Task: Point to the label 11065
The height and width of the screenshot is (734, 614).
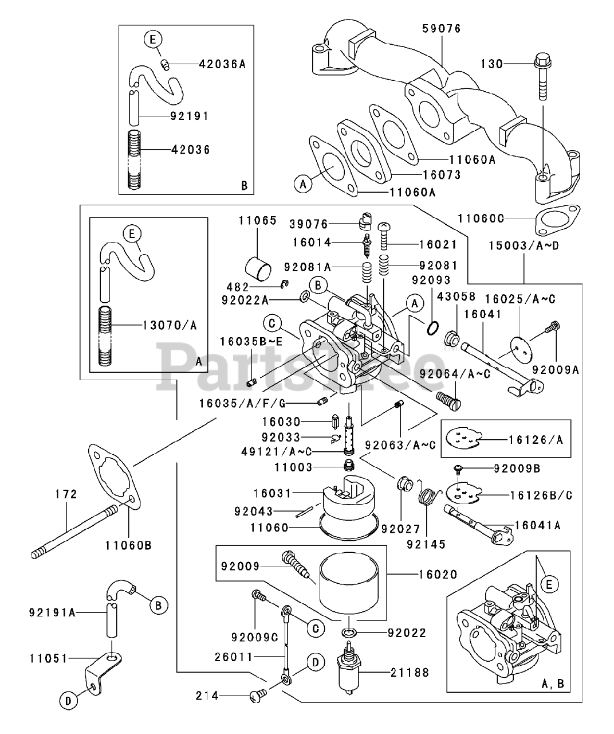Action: click(x=258, y=220)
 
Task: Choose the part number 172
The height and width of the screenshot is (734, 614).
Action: click(x=66, y=494)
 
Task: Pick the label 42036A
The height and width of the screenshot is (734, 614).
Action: click(x=222, y=65)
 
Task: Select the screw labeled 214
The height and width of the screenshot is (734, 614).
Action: click(x=255, y=696)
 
